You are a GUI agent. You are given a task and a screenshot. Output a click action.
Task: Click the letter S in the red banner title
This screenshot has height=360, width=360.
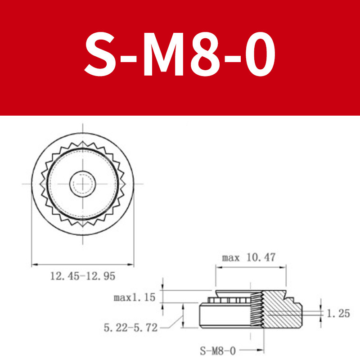pos(100,54)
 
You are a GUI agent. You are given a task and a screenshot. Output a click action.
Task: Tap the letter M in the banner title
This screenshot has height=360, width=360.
pos(163,54)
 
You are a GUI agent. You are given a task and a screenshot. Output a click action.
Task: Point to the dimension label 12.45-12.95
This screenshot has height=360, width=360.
pos(83,276)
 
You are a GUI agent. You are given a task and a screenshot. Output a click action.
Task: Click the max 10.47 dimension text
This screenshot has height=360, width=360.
pos(248,257)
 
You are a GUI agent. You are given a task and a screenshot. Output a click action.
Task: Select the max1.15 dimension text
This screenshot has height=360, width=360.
pos(135,297)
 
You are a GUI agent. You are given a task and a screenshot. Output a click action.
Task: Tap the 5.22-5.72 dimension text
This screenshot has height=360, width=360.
pos(130,328)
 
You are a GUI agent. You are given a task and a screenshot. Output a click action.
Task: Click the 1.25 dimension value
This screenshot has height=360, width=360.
pos(338,313)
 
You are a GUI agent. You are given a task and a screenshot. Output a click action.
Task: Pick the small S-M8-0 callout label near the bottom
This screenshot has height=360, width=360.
pos(218,351)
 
